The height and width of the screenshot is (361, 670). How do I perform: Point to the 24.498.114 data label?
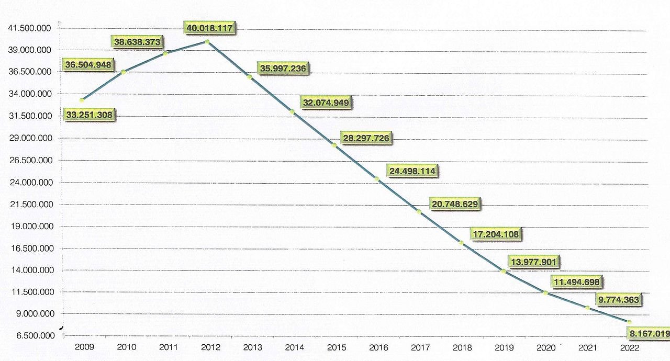coord(412,171)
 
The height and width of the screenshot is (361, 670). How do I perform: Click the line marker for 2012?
coord(208,41)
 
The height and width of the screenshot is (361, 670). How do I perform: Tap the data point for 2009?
coord(82,100)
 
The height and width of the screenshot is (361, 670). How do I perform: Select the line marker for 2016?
coord(376,179)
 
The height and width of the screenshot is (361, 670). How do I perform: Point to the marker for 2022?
coord(630,322)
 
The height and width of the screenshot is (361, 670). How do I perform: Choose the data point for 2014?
coord(292,111)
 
